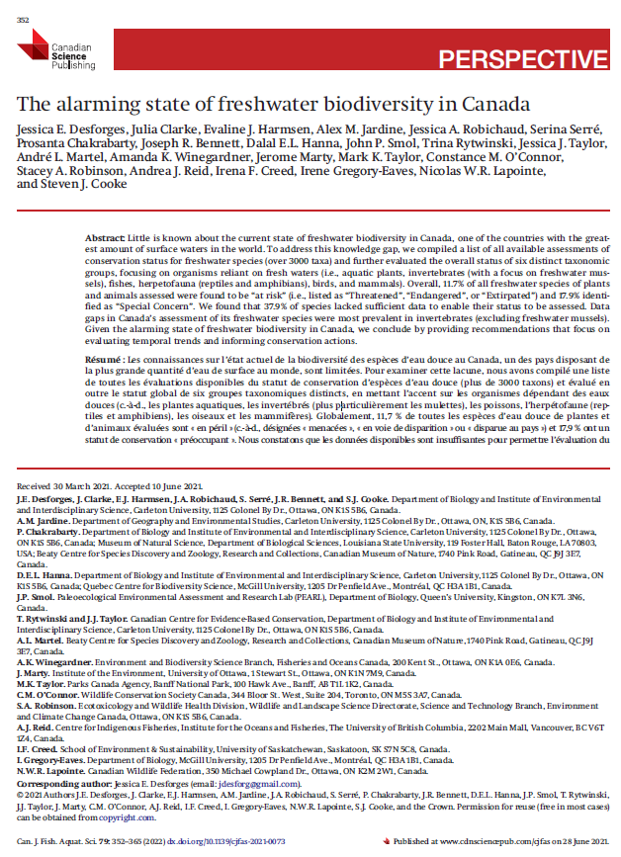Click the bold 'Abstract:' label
105,240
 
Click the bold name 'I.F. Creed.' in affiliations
38,749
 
